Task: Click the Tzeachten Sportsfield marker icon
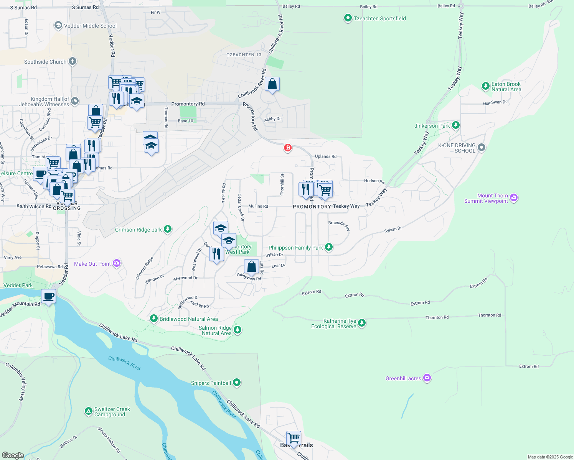(x=348, y=18)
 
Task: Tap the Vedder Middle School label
(x=90, y=26)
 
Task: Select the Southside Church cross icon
(x=73, y=61)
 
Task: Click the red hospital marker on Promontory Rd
(x=287, y=148)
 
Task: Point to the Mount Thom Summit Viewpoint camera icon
(x=514, y=198)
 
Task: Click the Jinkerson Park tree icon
(x=455, y=125)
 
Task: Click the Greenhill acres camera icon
(x=427, y=378)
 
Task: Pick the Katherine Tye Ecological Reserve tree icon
(x=361, y=324)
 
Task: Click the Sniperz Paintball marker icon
(x=237, y=383)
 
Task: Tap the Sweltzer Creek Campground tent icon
(x=88, y=411)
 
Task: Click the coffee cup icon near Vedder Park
(x=49, y=296)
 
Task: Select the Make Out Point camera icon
(x=117, y=263)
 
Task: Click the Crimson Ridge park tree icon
(x=167, y=229)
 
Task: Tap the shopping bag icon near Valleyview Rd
(x=251, y=266)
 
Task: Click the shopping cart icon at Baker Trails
(x=294, y=438)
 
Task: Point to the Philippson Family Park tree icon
(x=328, y=247)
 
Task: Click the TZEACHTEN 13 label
(x=244, y=55)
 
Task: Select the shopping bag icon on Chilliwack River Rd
(x=272, y=84)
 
